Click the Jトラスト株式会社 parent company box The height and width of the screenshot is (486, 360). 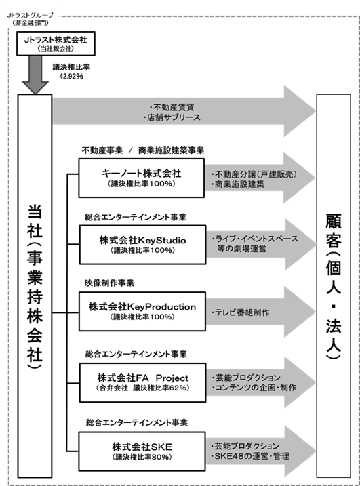tap(56, 43)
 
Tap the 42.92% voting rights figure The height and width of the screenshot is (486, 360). tap(71, 76)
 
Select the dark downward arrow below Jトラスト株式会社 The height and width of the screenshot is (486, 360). tap(35, 75)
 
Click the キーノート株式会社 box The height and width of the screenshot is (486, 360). tap(142, 178)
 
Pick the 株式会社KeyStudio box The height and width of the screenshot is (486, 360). tap(142, 245)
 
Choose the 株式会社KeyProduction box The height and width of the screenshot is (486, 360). tap(142, 312)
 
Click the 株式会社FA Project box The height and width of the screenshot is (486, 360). tap(142, 383)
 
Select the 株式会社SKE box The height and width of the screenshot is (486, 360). tap(142, 451)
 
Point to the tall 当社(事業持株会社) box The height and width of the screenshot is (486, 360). tap(35, 286)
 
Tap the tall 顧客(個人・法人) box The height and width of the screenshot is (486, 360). tap(334, 286)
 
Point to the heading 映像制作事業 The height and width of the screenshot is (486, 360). tap(109, 283)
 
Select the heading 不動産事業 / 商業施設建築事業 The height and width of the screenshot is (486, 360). tap(143, 150)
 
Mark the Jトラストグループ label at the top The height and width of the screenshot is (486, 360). tap(31, 15)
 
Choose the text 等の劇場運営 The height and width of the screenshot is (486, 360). tap(241, 249)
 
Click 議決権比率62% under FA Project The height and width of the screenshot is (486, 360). tap(161, 388)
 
